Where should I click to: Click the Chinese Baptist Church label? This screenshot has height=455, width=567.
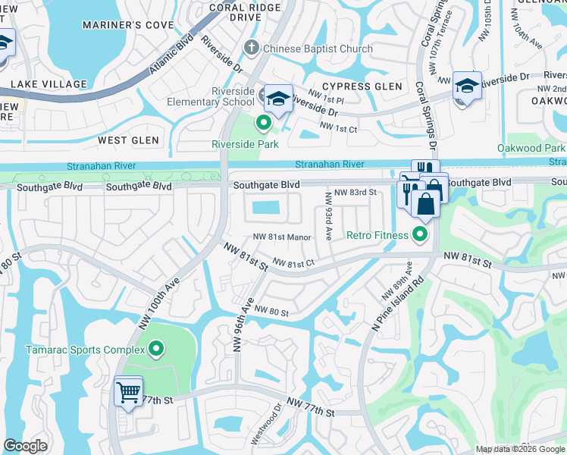318,49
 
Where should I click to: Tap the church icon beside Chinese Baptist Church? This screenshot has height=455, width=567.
252,49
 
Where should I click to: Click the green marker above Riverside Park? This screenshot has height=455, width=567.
264,121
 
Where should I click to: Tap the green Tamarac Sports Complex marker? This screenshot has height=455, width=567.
156,349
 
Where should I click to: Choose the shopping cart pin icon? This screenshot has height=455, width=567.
128,392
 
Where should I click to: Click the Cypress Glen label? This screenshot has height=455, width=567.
362,86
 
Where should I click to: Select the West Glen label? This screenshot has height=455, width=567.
128,140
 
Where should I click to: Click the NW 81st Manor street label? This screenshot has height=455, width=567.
283,237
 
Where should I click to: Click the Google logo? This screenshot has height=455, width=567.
26,446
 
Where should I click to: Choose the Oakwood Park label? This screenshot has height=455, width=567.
531,148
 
